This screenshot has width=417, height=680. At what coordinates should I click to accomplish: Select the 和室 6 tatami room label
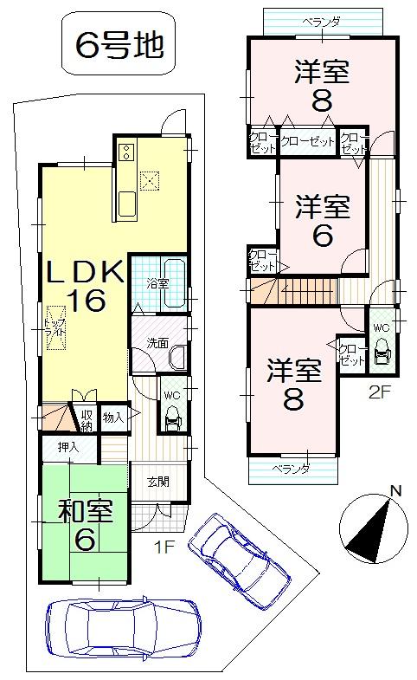click(84, 523)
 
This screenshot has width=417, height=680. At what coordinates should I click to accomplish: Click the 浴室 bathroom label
click(157, 282)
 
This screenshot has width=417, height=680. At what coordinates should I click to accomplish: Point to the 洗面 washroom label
click(157, 343)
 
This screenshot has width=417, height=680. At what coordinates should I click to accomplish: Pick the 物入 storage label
click(113, 418)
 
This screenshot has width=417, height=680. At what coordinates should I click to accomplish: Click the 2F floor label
click(380, 391)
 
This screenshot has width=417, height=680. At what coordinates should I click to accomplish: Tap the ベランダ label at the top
click(321, 21)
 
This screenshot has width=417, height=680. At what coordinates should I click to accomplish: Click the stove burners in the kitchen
click(125, 153)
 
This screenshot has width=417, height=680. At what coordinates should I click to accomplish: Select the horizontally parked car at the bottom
click(123, 626)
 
